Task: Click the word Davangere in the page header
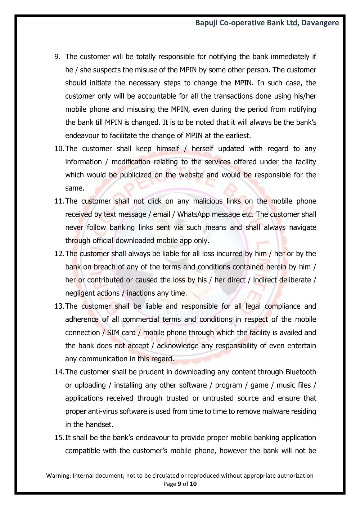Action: coord(320,23)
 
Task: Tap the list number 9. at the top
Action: coord(57,57)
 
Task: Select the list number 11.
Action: coord(59,201)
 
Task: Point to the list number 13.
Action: coord(59,306)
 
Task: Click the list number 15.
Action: coord(59,438)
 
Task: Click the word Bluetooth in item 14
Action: coord(301,372)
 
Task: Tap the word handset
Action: coord(99,424)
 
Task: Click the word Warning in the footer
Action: coord(58,475)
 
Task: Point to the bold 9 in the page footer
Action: coord(180,484)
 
